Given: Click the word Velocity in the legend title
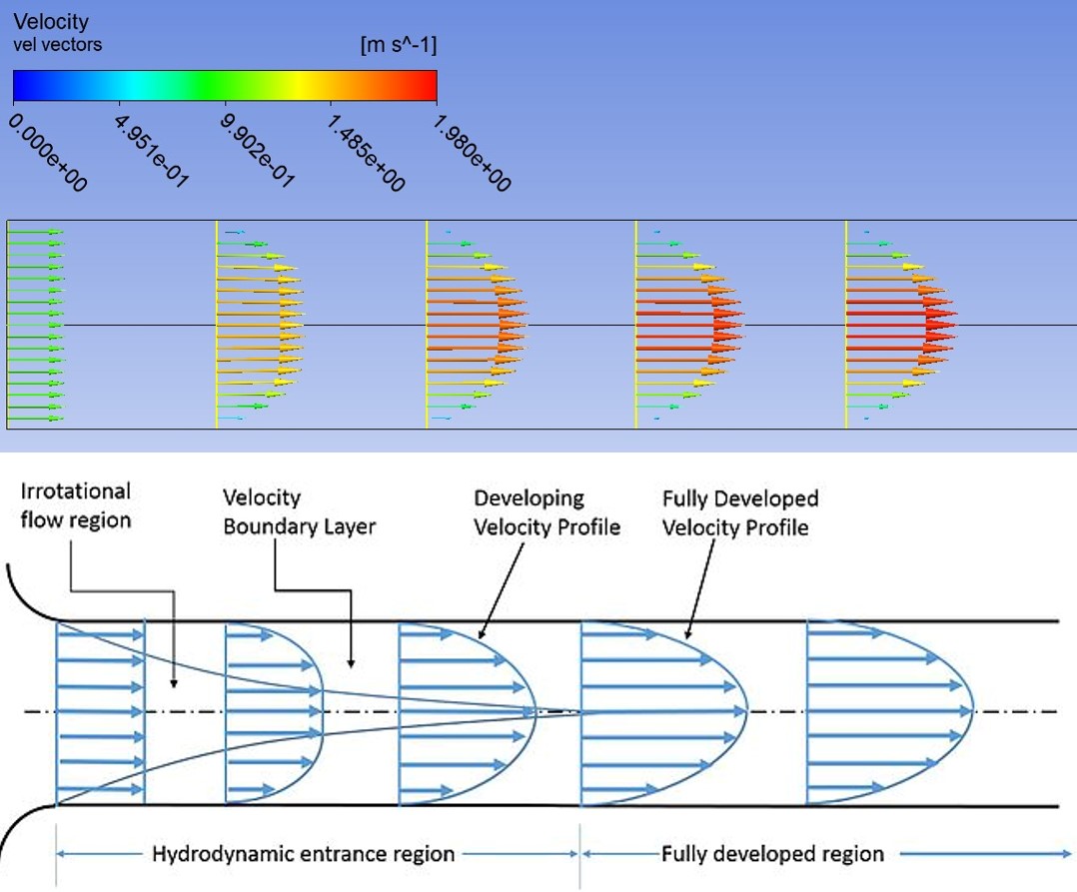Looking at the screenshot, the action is pos(51,22).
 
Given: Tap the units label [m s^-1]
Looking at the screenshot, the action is pos(399,45).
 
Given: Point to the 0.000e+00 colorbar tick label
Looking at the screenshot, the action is pos(48,153).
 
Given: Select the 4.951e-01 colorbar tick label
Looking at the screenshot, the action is pos(152,151).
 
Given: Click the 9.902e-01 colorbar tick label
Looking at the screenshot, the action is pos(258,151).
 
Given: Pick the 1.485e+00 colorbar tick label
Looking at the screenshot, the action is pos(366,153).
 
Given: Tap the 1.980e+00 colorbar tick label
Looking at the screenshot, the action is pos(473,153).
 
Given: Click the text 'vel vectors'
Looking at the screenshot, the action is pos(58,45).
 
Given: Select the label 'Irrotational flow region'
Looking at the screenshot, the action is pos(76,505).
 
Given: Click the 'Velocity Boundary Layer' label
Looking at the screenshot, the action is pos(300,512).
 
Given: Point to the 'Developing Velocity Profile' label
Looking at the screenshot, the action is pos(546,513).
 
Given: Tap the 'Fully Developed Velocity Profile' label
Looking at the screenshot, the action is pos(740,513).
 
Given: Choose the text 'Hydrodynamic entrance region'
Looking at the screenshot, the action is pos(303,854).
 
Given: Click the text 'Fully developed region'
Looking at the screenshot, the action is pos(772,854).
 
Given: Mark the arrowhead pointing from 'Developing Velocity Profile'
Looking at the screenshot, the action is pos(481,634).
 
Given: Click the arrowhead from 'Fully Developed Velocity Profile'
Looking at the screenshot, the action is pos(687,634).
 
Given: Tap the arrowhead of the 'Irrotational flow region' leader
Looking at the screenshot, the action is pos(174,683).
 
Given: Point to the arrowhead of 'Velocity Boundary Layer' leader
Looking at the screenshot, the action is pos(351,663).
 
